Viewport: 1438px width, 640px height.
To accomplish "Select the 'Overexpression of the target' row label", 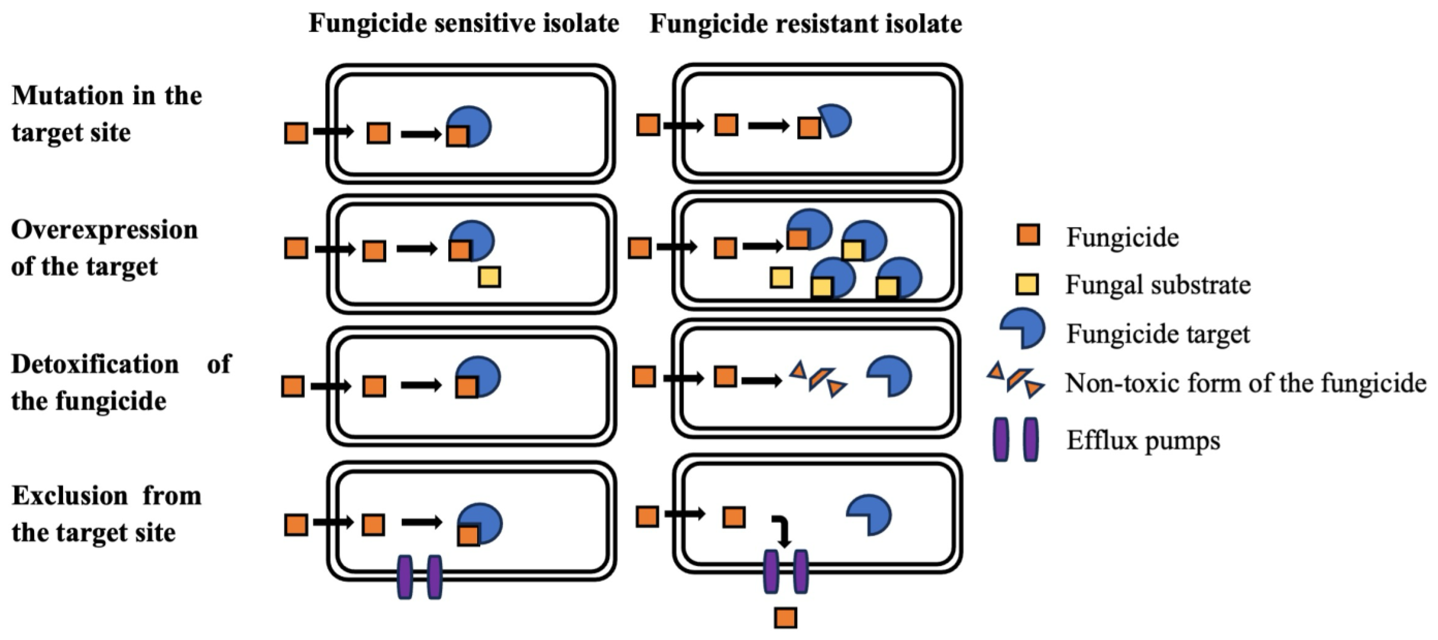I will tap(104, 248).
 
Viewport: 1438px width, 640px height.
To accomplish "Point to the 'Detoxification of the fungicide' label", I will tap(120, 382).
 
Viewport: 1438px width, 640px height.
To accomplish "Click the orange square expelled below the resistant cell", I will tap(785, 618).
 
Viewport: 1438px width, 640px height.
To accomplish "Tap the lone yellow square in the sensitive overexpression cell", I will tap(490, 277).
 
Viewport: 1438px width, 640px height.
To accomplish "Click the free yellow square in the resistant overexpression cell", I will tap(781, 277).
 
